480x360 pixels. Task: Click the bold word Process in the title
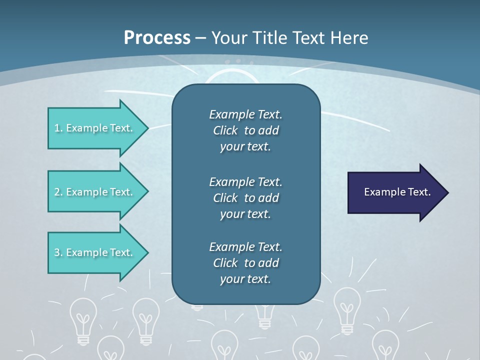pyautogui.click(x=157, y=38)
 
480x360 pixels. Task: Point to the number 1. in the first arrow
pyautogui.click(x=58, y=128)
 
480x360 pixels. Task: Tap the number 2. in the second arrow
pyautogui.click(x=58, y=192)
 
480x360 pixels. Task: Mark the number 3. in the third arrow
pyautogui.click(x=58, y=252)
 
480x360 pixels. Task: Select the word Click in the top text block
pyautogui.click(x=225, y=130)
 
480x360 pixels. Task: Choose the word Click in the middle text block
pyautogui.click(x=225, y=198)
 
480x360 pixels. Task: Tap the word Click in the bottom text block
pyautogui.click(x=225, y=263)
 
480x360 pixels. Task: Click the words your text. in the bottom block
pyautogui.click(x=245, y=279)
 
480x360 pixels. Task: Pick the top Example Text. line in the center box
pyautogui.click(x=245, y=114)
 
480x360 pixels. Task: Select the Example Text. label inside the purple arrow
pyautogui.click(x=397, y=192)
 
